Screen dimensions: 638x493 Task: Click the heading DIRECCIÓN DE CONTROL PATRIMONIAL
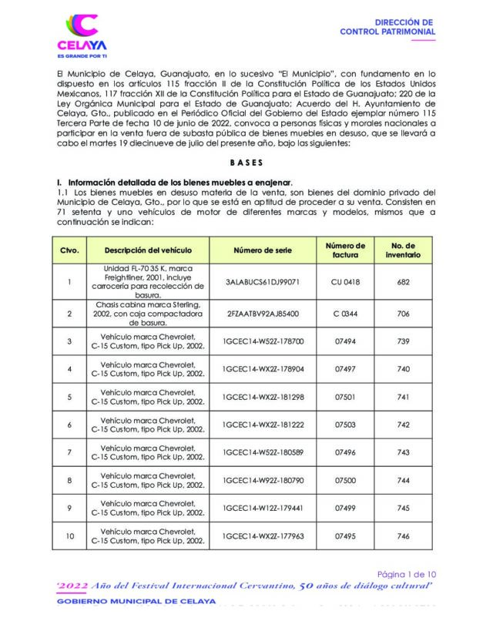[387, 29]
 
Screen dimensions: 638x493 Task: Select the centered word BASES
[246, 163]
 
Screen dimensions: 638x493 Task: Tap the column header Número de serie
[263, 251]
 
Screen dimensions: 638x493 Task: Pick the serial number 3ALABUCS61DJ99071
[263, 282]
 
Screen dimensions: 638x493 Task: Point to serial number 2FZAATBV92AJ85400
[263, 314]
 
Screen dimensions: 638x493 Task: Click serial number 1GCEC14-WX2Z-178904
[263, 369]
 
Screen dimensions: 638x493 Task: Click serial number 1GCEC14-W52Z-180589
[263, 452]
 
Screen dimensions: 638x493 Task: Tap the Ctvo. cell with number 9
[69, 508]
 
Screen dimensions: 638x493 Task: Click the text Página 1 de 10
[405, 573]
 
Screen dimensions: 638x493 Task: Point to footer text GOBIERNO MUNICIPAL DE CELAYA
[136, 601]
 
